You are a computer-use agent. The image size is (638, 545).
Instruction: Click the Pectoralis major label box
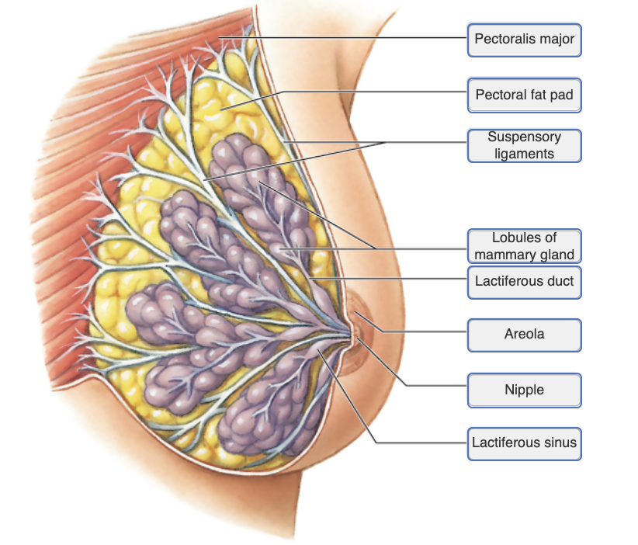click(x=525, y=39)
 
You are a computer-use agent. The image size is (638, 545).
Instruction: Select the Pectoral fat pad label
click(x=525, y=96)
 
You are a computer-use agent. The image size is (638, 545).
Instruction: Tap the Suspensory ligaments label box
click(x=525, y=145)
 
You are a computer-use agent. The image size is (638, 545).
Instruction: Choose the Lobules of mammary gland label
click(x=525, y=246)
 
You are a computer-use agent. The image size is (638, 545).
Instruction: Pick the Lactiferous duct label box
click(x=525, y=281)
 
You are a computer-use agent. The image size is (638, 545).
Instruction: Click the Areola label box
click(x=525, y=335)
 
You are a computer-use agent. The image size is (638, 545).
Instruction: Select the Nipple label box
click(x=525, y=390)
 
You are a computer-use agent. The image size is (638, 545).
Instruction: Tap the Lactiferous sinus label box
click(x=525, y=443)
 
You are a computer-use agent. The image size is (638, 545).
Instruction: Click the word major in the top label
click(x=557, y=39)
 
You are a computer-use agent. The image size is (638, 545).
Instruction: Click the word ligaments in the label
click(x=525, y=154)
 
